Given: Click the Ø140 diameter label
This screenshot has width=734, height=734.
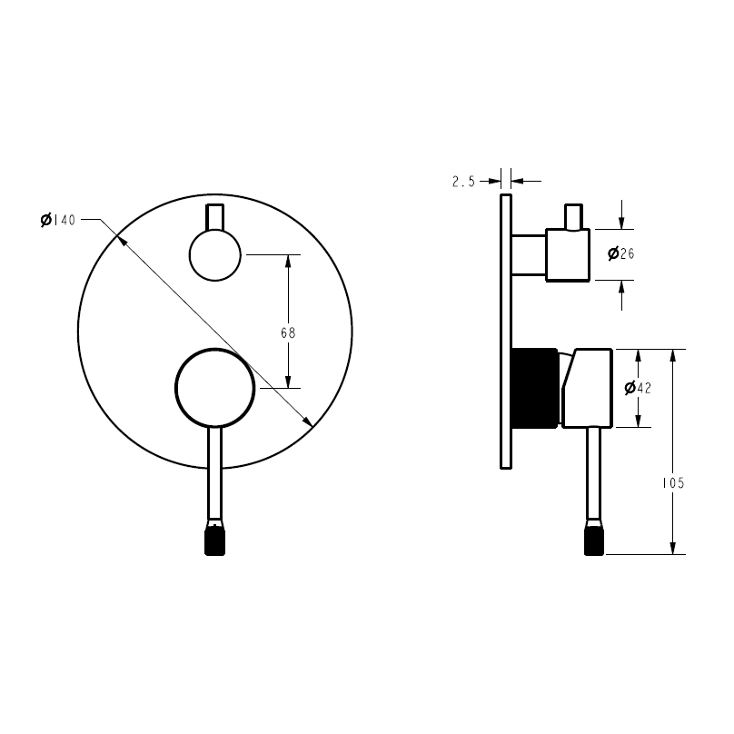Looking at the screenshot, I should [58, 220].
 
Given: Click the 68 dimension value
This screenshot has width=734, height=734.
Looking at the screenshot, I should [288, 332].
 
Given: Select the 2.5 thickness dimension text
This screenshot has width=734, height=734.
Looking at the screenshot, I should [463, 182].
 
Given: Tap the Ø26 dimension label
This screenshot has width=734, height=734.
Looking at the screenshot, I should [620, 253].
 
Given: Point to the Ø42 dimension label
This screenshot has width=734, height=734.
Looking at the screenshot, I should [639, 388].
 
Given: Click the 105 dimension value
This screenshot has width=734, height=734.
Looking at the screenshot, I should [673, 483].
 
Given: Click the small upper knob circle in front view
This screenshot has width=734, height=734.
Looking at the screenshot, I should [214, 254].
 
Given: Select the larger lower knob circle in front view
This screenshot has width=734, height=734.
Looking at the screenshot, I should [214, 387].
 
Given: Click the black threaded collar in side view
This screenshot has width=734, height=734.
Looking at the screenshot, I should [534, 387].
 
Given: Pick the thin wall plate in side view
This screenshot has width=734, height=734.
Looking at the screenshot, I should [506, 332].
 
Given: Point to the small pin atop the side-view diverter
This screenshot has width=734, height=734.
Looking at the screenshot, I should [572, 216].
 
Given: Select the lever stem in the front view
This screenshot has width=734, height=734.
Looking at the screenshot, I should [214, 472].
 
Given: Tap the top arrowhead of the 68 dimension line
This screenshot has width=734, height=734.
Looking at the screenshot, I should [288, 260].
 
